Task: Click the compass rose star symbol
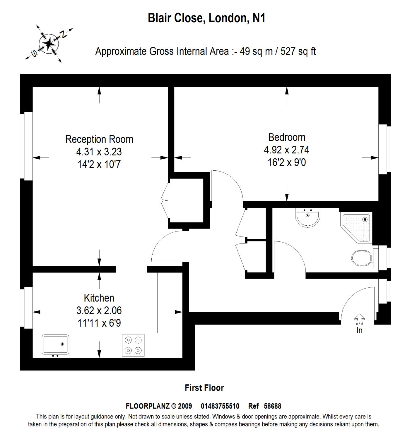(49, 44)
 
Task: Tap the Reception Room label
(99, 139)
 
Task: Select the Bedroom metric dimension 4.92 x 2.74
(286, 150)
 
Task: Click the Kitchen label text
(99, 298)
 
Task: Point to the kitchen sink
(55, 344)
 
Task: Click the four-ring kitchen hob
(133, 345)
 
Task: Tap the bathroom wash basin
(308, 217)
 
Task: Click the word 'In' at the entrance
(359, 330)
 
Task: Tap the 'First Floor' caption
(204, 388)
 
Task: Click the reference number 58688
(272, 406)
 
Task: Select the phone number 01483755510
(220, 406)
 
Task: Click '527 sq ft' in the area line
(298, 51)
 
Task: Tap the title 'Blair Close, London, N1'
(206, 18)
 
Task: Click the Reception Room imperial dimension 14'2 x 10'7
(99, 164)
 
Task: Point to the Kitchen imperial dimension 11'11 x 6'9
(99, 323)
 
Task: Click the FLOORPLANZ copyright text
(159, 406)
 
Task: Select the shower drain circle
(365, 219)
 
